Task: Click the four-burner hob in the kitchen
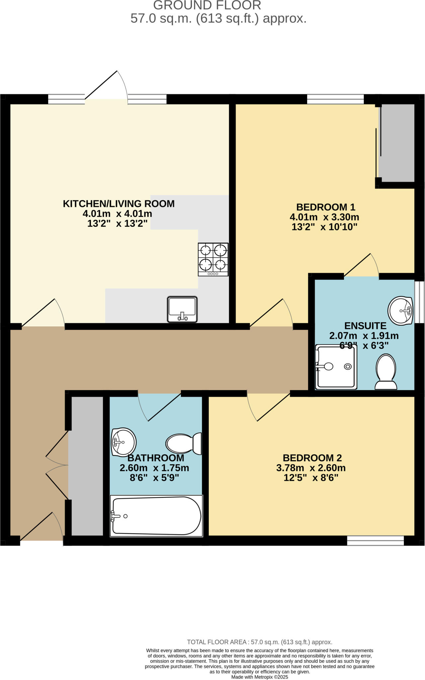[x=213, y=259]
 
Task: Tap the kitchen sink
[x=182, y=309]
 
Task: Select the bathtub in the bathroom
[x=156, y=516]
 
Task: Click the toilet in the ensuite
[x=386, y=372]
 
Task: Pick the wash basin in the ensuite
[x=400, y=311]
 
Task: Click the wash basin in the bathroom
[x=123, y=442]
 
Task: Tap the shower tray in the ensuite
[x=336, y=367]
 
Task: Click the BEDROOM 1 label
[x=325, y=207]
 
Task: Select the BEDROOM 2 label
[x=312, y=458]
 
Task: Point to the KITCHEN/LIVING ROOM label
[x=119, y=204]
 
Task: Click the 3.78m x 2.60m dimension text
[x=311, y=468]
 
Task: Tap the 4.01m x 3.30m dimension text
[x=324, y=217]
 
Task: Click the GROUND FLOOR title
[x=207, y=5]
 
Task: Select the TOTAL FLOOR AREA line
[x=259, y=642]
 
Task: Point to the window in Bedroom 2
[x=375, y=541]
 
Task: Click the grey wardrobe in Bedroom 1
[x=397, y=143]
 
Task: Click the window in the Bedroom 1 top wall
[x=335, y=99]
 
